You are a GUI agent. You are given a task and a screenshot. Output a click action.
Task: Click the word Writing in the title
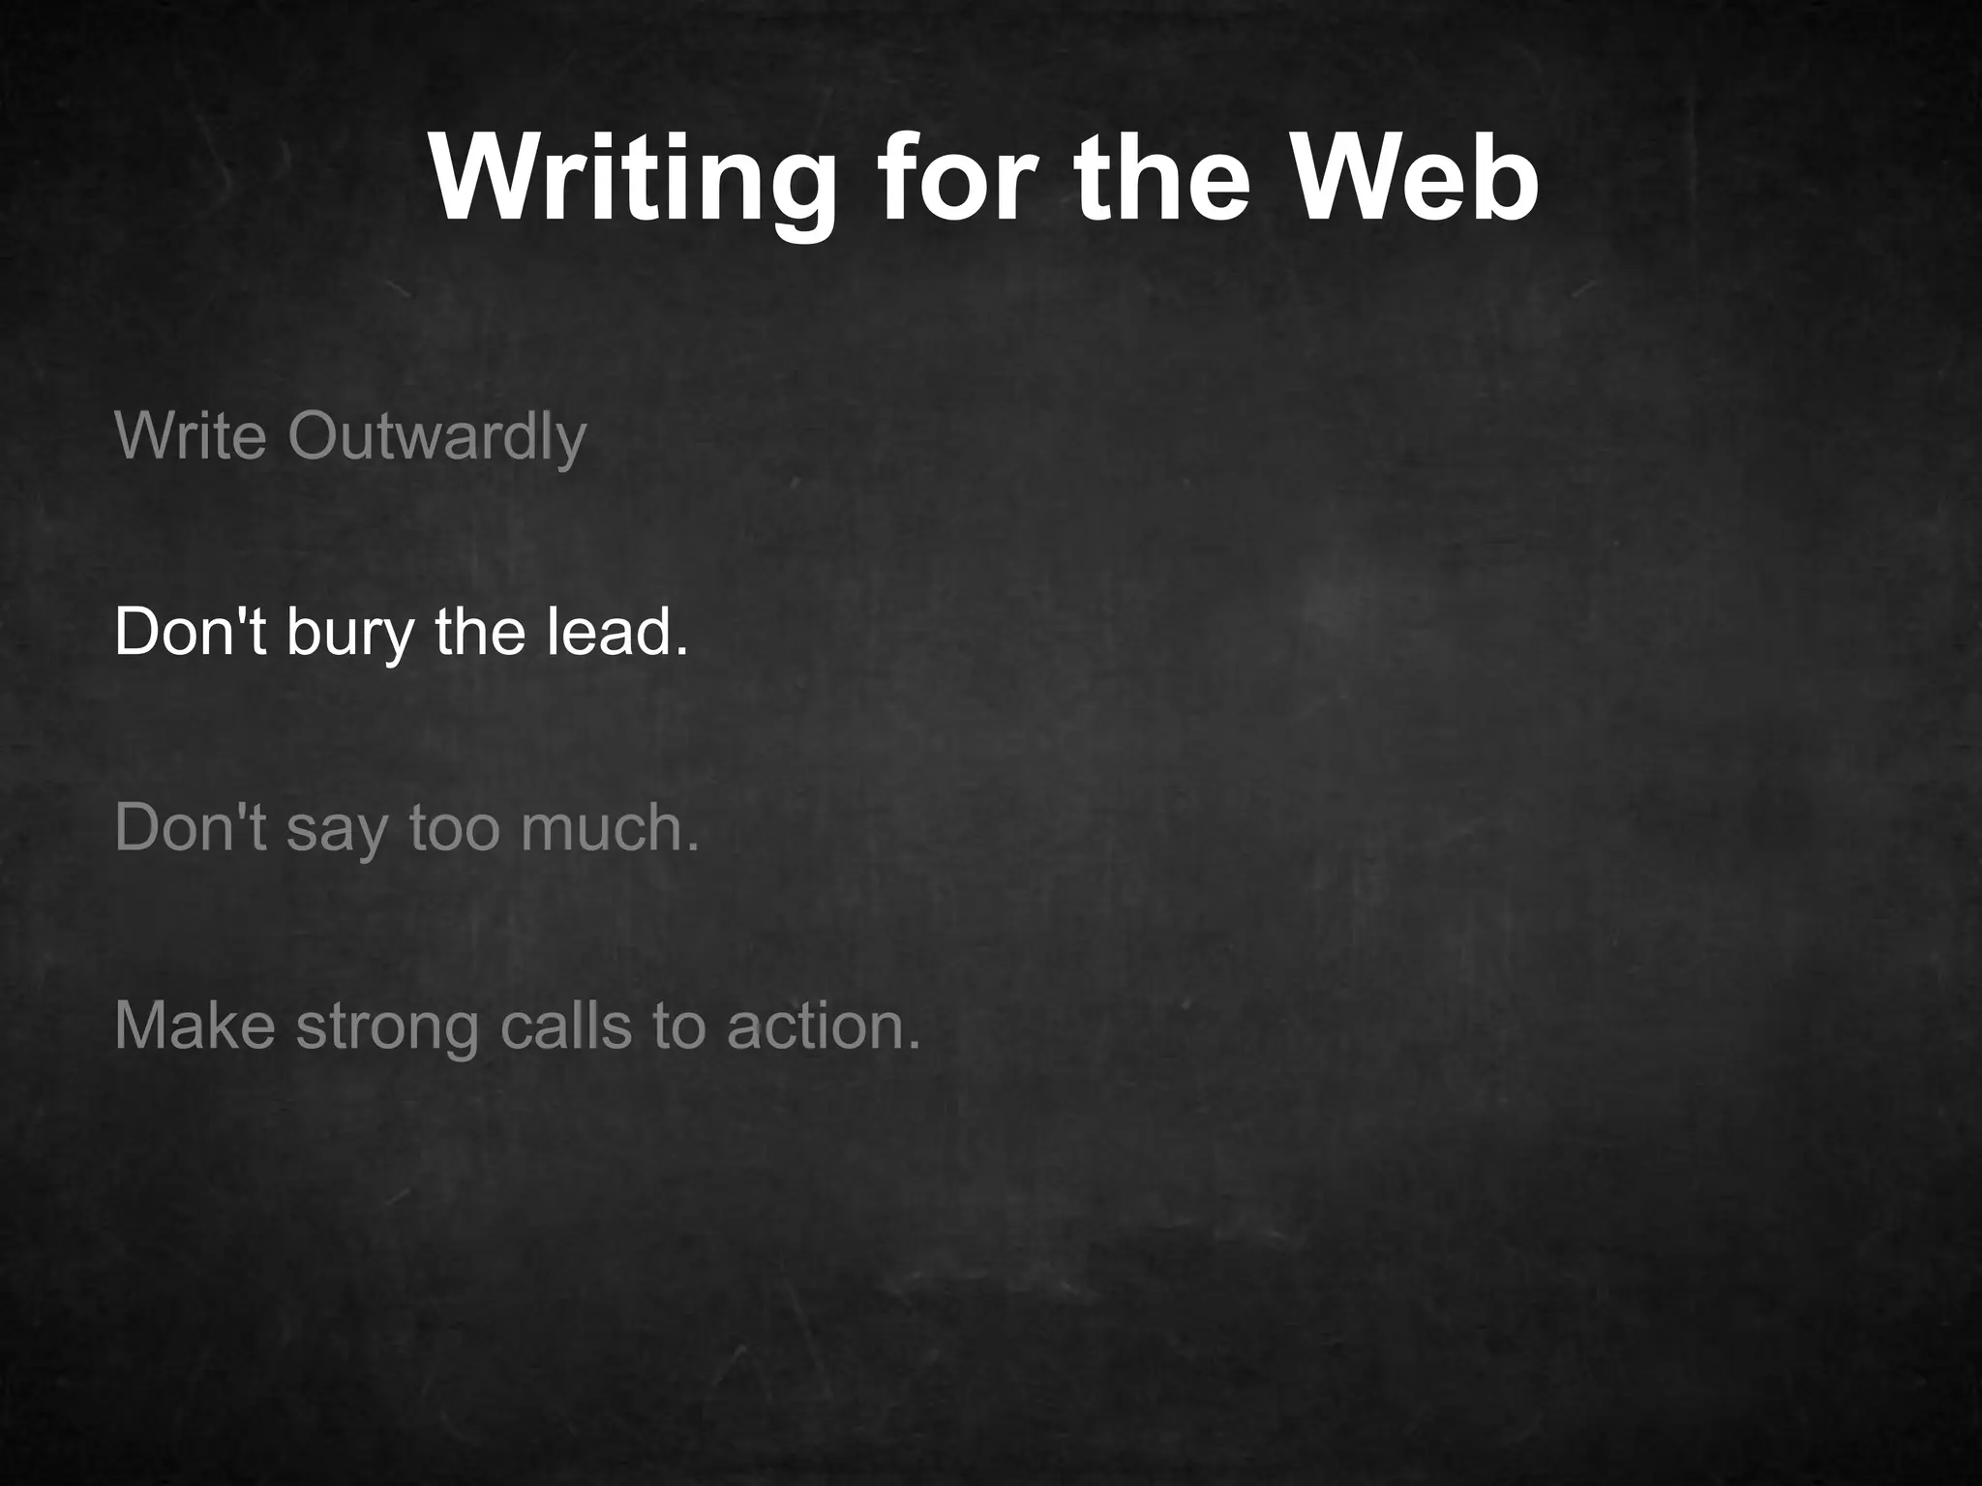[633, 182]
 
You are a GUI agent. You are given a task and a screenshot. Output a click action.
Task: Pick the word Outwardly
[436, 437]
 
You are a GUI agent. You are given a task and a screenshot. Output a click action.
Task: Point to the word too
[453, 828]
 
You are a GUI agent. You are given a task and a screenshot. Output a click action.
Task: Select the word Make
[195, 1025]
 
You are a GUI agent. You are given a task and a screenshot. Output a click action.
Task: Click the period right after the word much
[691, 848]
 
